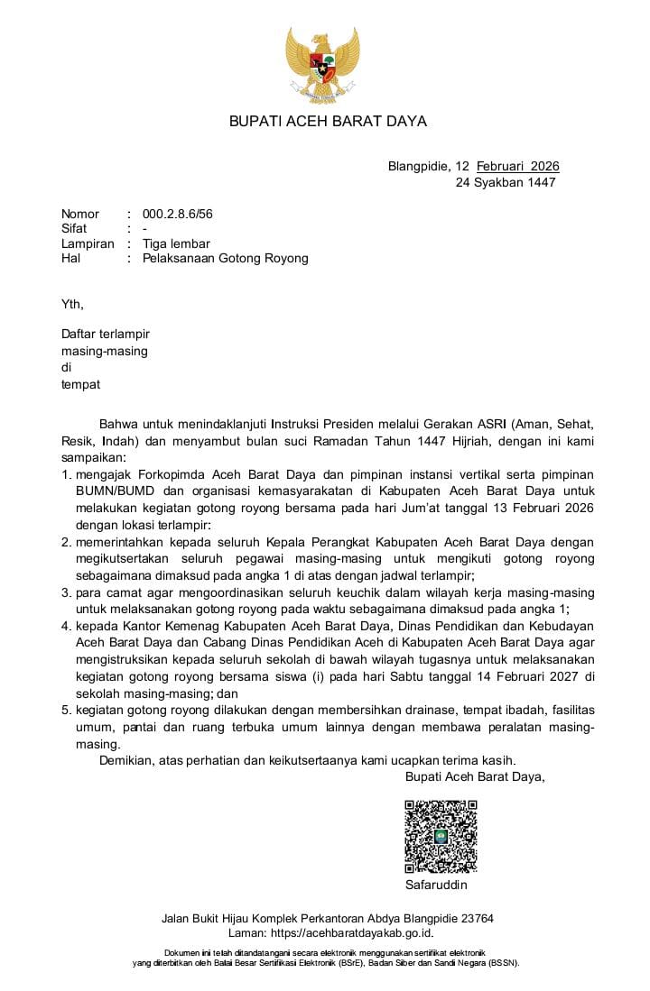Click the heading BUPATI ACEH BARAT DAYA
click(328, 121)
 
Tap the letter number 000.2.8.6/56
click(178, 214)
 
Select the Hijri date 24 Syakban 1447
click(506, 182)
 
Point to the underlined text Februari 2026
click(518, 166)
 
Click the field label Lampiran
click(88, 243)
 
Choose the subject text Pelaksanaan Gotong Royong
click(226, 258)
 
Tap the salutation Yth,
click(71, 304)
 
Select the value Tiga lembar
click(176, 243)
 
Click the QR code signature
click(440, 837)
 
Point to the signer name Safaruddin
click(437, 885)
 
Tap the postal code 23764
click(474, 918)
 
